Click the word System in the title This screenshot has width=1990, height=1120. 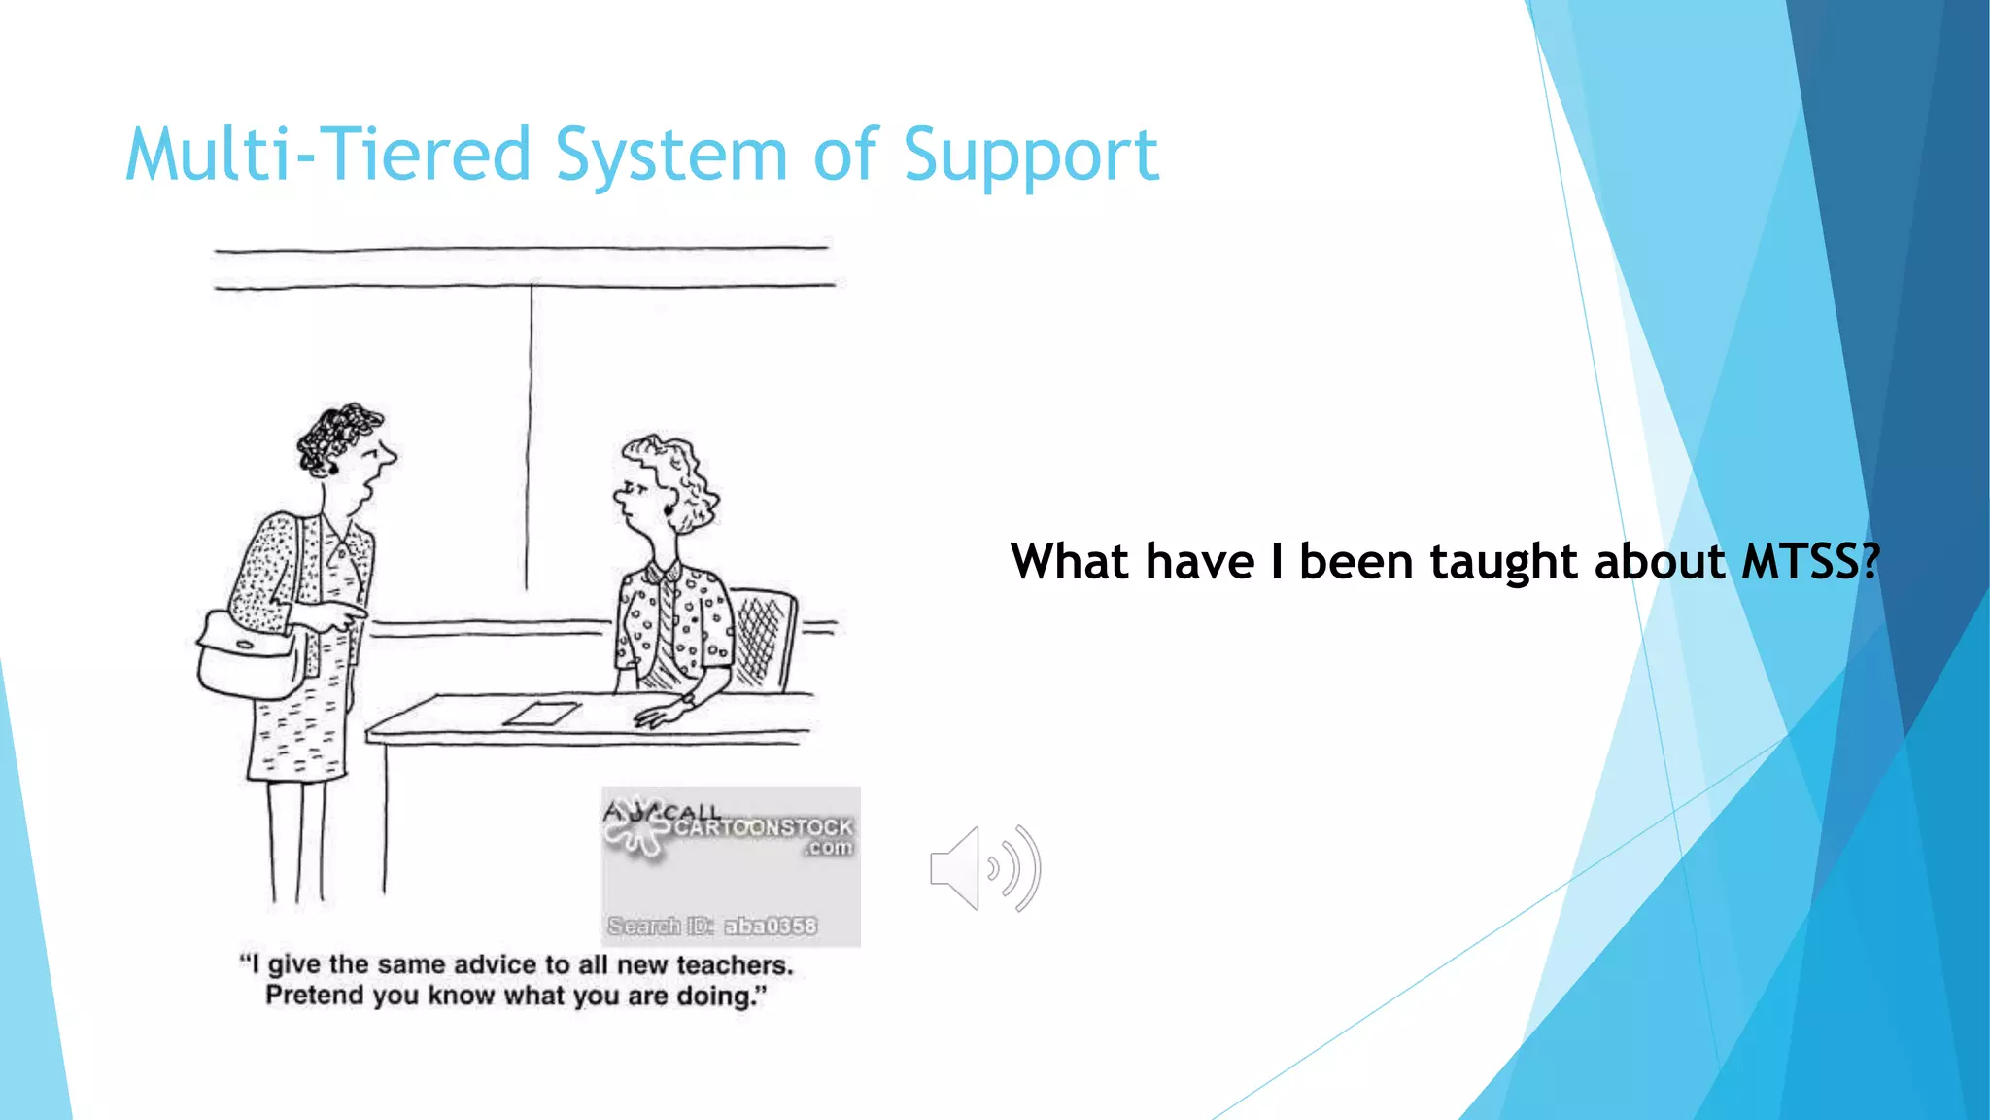point(670,156)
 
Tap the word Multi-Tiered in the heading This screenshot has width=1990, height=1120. point(327,156)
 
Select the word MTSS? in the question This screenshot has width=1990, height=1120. point(1810,562)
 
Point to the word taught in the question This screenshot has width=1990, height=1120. point(1503,562)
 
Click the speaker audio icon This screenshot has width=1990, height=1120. point(983,868)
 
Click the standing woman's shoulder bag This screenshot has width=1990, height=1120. point(248,656)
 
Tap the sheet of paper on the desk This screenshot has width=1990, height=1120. point(541,715)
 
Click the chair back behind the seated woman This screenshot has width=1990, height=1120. point(765,637)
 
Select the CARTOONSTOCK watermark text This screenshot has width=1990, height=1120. point(764,827)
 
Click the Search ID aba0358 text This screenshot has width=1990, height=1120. point(712,926)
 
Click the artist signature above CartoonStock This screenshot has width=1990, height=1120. point(661,811)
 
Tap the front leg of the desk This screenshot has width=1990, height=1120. point(385,817)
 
